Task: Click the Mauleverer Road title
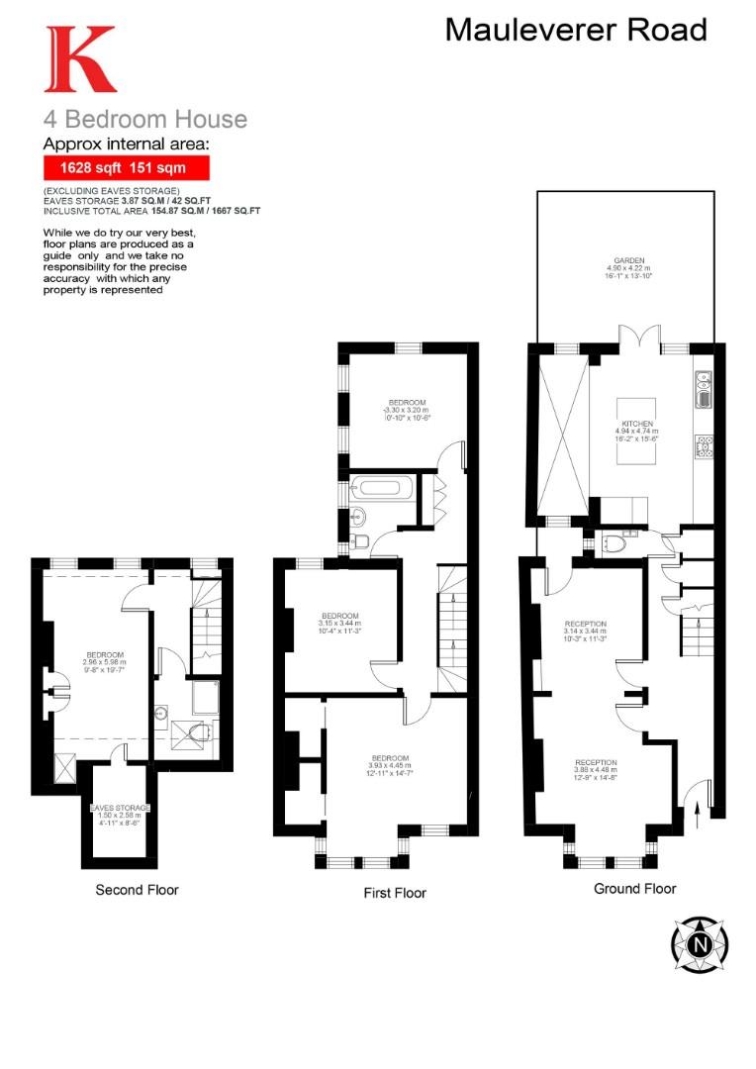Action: coord(576,30)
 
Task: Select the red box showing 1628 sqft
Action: coord(126,168)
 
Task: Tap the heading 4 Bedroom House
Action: coord(144,120)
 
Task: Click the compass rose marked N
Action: coord(700,943)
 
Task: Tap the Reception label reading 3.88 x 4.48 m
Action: coord(596,769)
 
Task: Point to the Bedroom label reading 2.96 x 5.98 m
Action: coord(105,661)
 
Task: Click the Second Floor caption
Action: coord(137,890)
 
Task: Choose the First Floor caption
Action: coord(395,893)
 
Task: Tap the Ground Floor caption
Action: coord(634,889)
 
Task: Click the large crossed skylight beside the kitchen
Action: coord(561,436)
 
